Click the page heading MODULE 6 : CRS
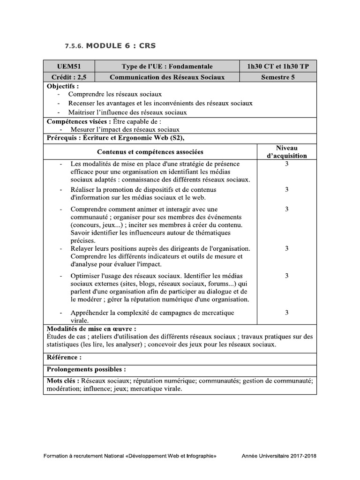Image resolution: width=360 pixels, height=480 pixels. (121, 45)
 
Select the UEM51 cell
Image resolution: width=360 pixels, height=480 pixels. (68, 67)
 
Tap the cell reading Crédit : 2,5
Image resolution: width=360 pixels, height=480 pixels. (68, 77)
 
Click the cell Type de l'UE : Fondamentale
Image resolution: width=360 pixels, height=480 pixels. (167, 67)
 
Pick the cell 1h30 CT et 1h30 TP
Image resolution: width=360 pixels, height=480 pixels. (277, 67)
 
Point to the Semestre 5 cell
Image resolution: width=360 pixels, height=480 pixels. (277, 77)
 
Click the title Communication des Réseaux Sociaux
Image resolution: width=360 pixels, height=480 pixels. (167, 77)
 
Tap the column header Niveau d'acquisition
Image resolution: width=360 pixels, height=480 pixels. (287, 152)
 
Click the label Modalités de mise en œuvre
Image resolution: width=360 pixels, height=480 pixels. (92, 329)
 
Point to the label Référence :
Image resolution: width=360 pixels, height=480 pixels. (65, 357)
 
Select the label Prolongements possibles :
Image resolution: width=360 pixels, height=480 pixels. (86, 369)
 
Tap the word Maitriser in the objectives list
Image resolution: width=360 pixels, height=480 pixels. (82, 112)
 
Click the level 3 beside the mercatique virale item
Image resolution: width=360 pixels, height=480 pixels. (287, 312)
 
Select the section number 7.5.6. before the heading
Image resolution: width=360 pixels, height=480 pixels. (75, 46)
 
